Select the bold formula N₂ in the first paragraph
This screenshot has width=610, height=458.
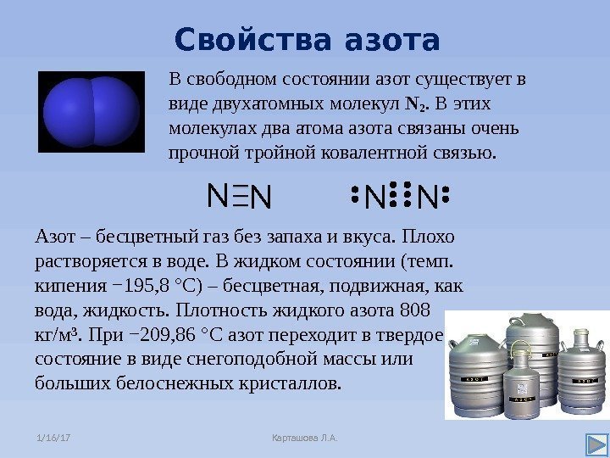[x=414, y=105]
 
